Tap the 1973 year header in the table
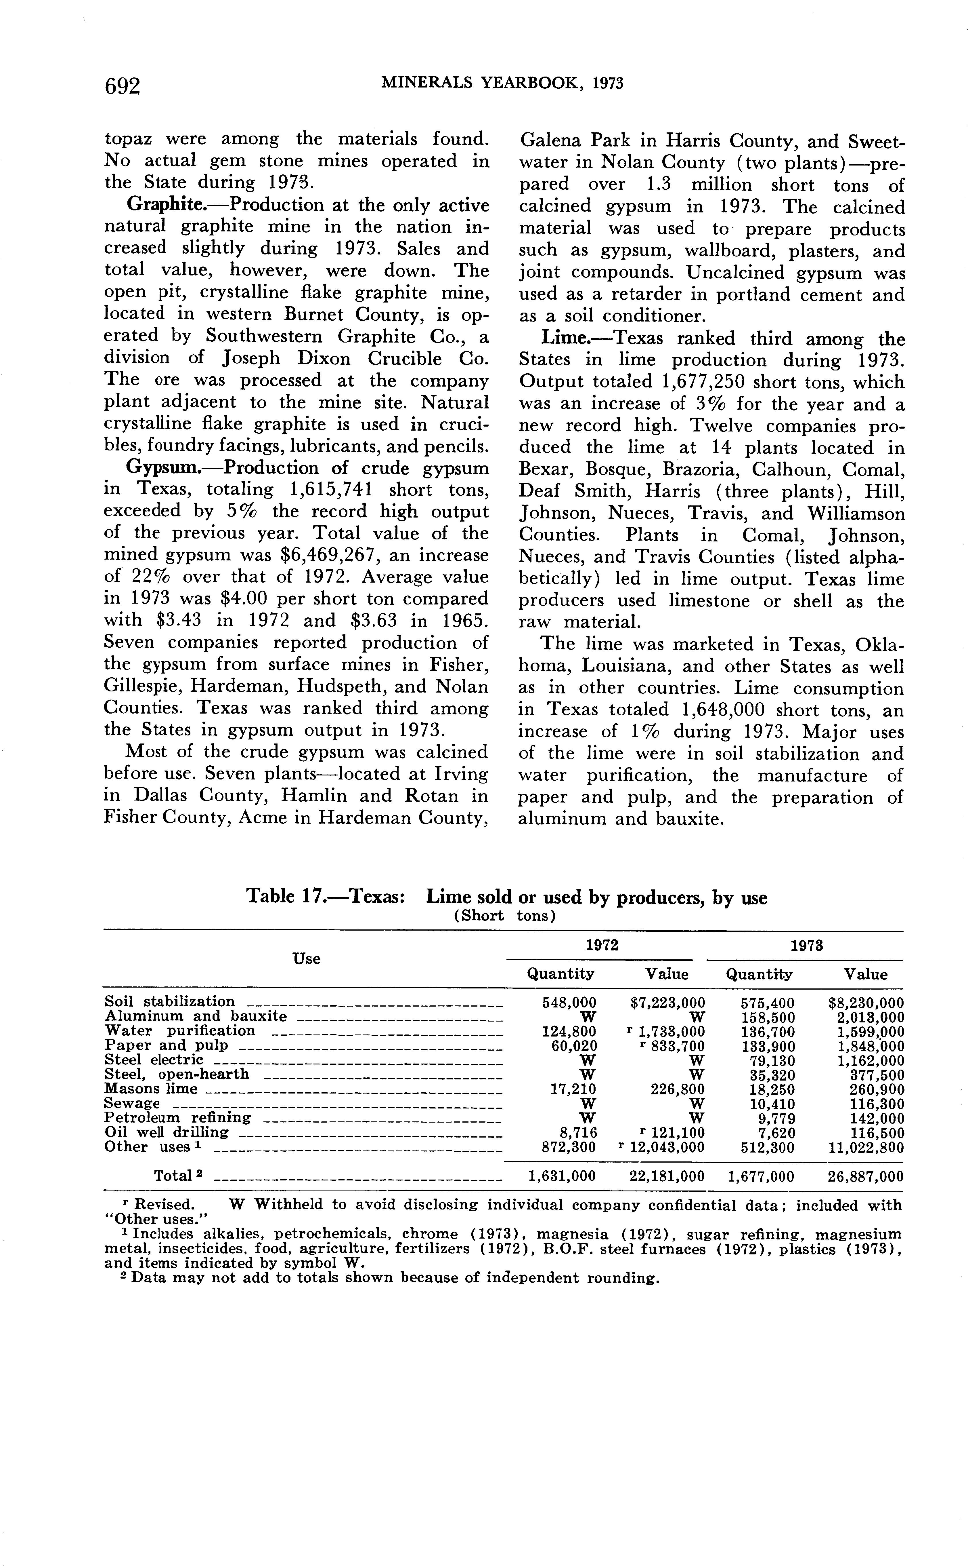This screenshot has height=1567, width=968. tap(806, 946)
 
